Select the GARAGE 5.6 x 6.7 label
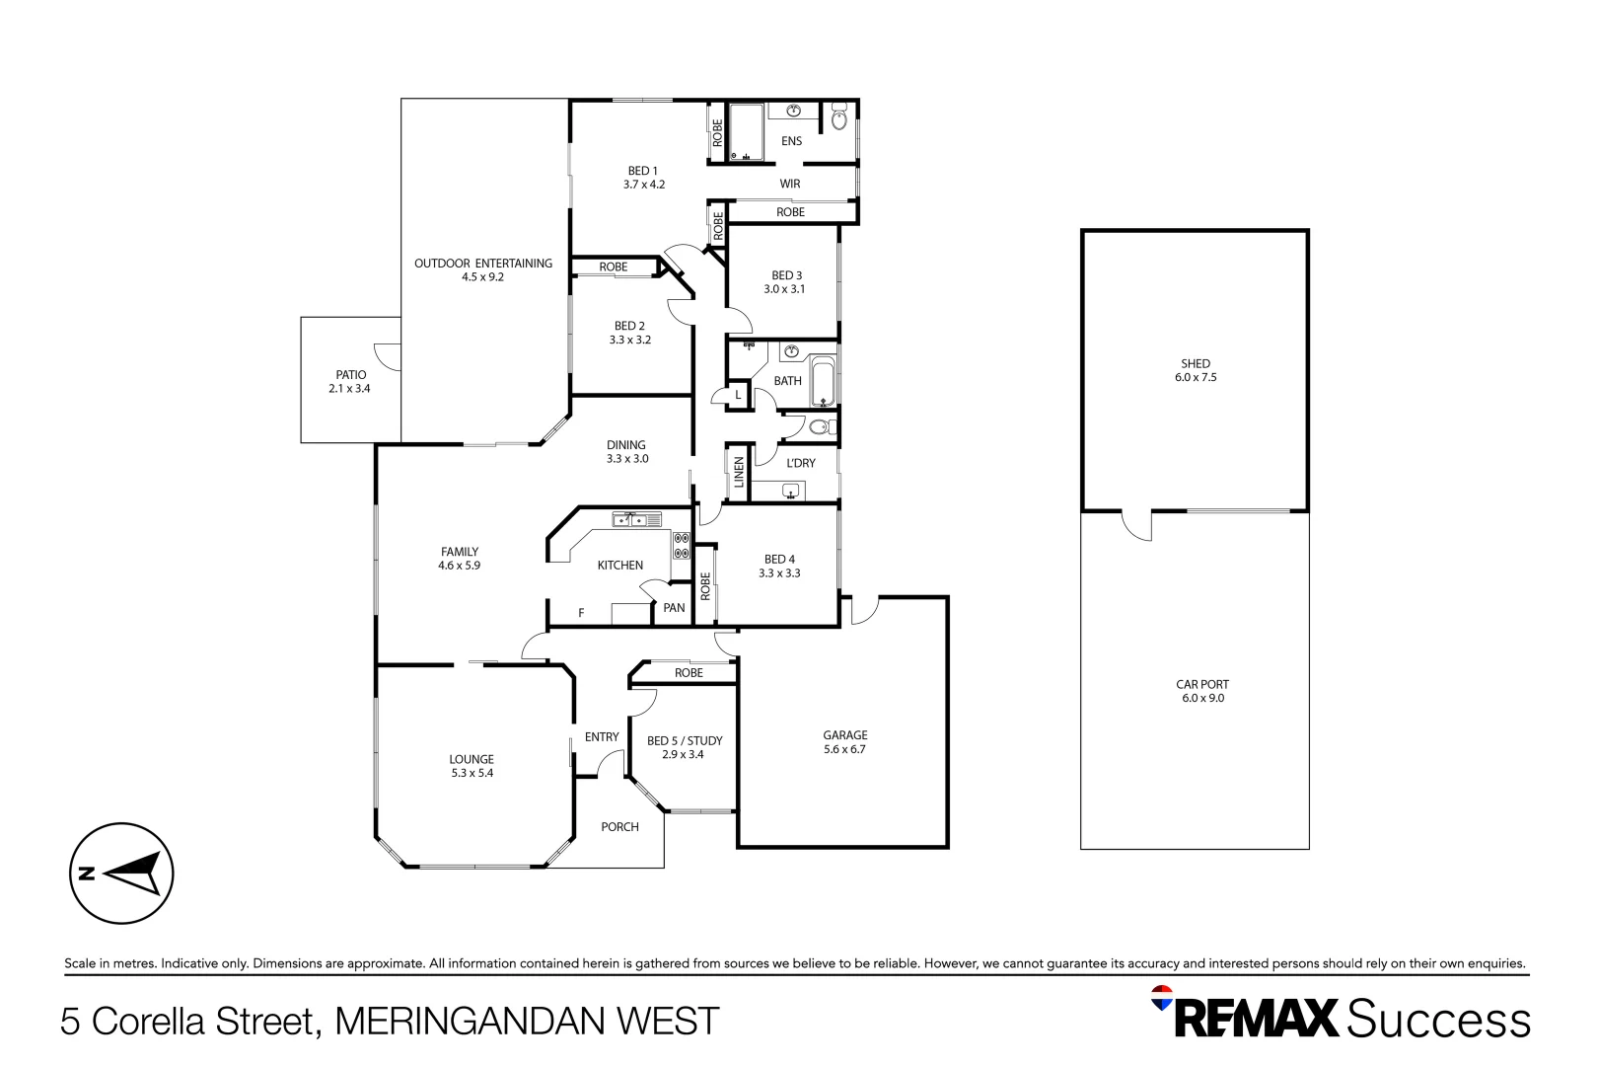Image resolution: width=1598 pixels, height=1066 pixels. pos(844,742)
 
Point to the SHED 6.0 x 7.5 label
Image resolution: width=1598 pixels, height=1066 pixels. pos(1196,370)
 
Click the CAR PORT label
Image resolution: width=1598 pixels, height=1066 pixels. pos(1202,684)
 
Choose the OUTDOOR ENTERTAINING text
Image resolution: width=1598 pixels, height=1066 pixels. pos(482,264)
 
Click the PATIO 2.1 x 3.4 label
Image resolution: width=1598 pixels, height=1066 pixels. pos(350,382)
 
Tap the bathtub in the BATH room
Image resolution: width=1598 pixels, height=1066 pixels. pos(824,382)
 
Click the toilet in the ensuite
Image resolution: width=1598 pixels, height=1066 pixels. pos(839,118)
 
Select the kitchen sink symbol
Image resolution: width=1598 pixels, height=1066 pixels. pos(636,519)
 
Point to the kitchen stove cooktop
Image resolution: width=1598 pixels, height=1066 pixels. pos(681,545)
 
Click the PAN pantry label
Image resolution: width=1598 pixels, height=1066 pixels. pos(674,608)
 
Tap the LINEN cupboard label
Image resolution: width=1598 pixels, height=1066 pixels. pos(739,473)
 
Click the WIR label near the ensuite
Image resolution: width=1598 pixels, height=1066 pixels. pos(790,184)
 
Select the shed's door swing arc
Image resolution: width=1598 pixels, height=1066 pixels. pos(1137,527)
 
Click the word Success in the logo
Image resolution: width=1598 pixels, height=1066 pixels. pos(1438,1019)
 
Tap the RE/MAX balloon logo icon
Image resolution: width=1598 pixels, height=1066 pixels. pos(1162,998)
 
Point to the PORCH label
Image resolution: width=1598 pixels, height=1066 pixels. pos(619,827)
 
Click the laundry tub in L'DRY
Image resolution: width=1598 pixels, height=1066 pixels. pos(790,492)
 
